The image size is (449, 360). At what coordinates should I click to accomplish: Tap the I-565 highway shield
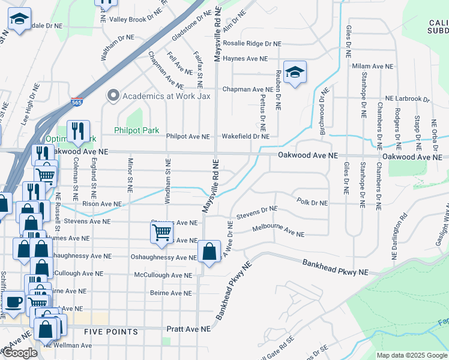[x=77, y=103]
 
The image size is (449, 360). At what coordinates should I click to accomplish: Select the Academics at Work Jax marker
[x=112, y=96]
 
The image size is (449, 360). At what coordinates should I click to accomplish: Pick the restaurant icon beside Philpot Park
[x=78, y=131]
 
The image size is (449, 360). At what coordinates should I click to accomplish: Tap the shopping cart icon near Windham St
[x=161, y=231]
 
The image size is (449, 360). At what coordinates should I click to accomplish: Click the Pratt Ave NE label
[x=189, y=329]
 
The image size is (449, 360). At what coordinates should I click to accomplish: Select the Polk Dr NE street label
[x=313, y=203]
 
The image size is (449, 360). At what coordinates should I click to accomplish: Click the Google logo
[x=20, y=353]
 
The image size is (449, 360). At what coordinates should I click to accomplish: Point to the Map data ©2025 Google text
[x=412, y=355]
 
